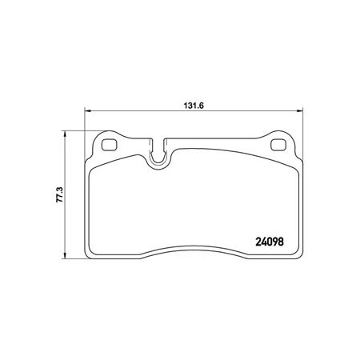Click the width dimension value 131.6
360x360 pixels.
pos(194,106)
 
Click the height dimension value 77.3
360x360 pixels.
pos(60,194)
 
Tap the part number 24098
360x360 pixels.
pos(270,242)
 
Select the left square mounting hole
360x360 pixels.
pos(110,145)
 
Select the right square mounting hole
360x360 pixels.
pos(278,145)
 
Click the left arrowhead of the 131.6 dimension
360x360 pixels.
pos(87,110)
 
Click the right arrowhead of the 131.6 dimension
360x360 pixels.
pos(300,110)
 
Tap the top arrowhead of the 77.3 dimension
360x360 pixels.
pos(64,134)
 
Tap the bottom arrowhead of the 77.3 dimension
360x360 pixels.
pos(64,255)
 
